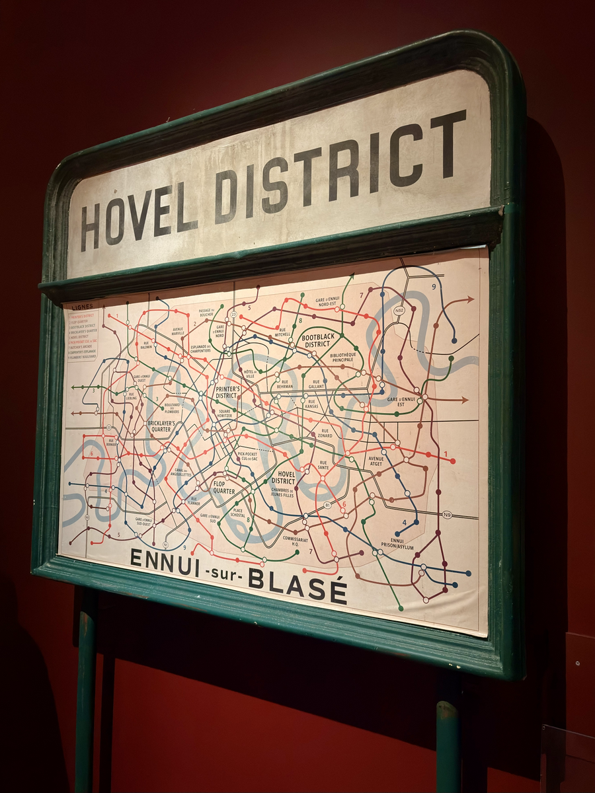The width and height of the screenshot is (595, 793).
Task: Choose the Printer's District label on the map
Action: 227,393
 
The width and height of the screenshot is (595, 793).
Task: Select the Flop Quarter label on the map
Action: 224,487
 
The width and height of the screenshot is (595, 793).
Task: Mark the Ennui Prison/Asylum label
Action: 397,543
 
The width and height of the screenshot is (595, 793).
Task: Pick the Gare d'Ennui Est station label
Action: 401,401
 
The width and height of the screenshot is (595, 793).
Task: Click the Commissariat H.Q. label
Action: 296,541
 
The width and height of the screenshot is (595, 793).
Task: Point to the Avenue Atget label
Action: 376,461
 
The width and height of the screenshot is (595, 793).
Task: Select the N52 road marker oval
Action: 399,310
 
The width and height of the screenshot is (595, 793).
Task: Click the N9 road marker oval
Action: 447,515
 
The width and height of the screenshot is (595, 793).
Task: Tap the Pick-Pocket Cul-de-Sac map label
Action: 247,456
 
